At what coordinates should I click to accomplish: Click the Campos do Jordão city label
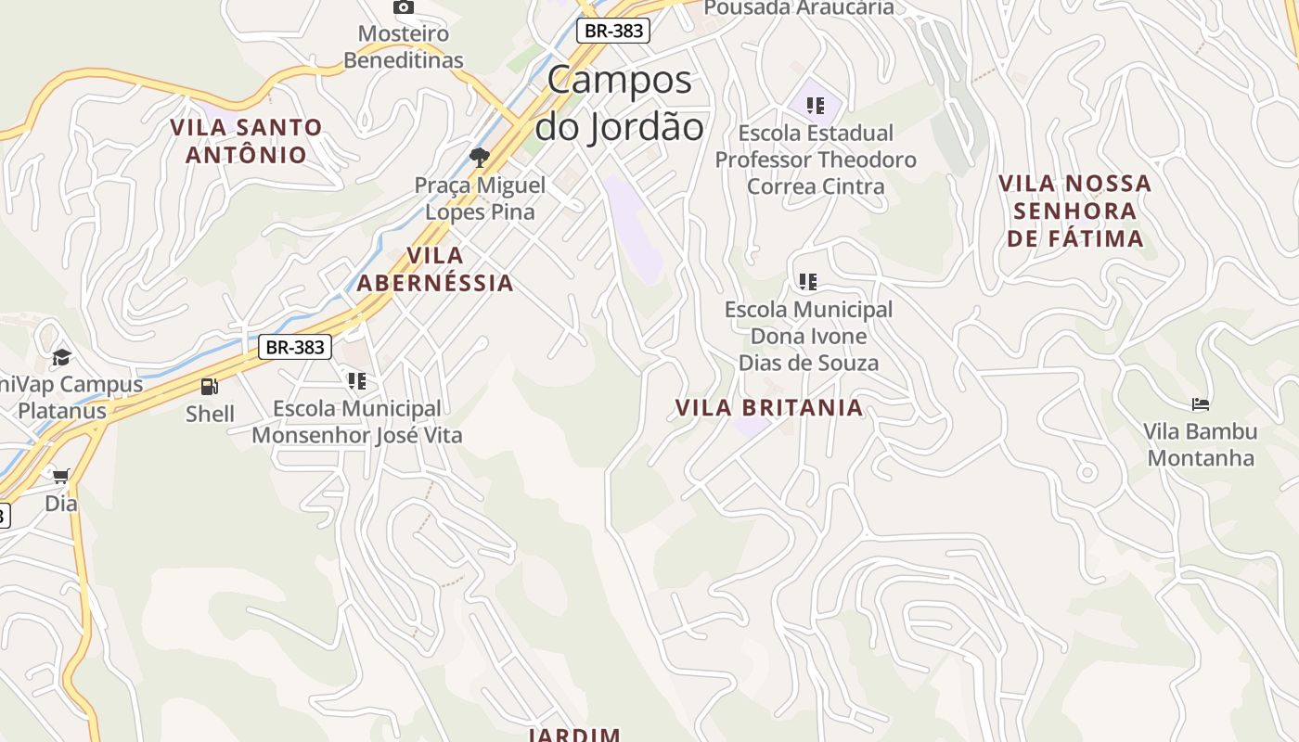619,103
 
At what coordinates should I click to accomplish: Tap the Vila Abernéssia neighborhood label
435,269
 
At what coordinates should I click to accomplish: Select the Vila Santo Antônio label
246,141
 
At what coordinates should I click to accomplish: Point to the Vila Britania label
768,408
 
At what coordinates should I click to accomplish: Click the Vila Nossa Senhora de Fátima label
1074,211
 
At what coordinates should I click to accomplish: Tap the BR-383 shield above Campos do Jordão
612,31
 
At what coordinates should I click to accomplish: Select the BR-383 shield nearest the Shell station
294,348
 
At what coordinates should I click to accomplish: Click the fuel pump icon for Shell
210,387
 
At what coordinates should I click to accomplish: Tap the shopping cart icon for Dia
61,477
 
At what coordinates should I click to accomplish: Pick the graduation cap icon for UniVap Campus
61,357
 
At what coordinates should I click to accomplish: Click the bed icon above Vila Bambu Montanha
1200,404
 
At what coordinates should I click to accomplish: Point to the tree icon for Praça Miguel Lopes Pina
479,157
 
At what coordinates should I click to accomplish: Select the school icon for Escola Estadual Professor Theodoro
816,106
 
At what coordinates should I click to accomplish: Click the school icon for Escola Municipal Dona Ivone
808,281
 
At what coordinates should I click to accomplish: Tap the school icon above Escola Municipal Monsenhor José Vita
357,381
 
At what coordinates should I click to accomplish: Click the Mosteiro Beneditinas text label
404,47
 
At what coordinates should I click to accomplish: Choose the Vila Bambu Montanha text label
1200,444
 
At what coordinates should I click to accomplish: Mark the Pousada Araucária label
799,8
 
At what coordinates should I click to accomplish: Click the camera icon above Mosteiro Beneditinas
404,7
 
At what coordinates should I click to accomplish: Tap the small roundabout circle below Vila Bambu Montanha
1087,473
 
